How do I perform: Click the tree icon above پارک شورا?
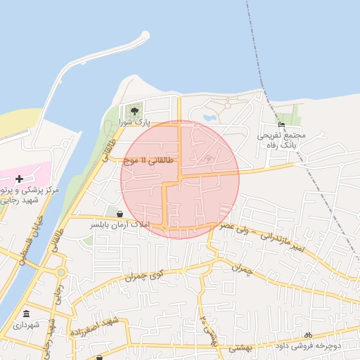pos(134,110)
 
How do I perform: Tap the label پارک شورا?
pos(134,122)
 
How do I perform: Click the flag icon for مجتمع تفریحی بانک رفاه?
pos(282,124)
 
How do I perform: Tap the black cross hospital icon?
pos(18,179)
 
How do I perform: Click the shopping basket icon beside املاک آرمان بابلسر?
pos(120,214)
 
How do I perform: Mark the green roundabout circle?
pos(61,272)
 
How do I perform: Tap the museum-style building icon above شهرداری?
pos(27,314)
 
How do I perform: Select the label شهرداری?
pos(26,325)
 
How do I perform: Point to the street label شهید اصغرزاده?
pos(96,326)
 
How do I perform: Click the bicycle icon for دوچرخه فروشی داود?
pos(307,335)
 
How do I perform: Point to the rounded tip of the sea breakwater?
pos(146,34)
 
